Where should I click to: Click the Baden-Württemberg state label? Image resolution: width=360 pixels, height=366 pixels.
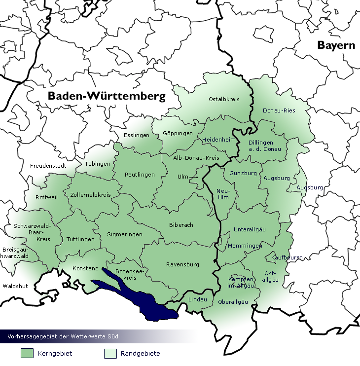tap(106, 96)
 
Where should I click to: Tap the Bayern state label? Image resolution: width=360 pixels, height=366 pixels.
tap(336, 45)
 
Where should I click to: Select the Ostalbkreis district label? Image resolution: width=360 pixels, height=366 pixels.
tap(224, 99)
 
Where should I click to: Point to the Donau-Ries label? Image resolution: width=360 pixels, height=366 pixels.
tap(279, 110)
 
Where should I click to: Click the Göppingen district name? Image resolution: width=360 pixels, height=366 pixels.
tap(178, 134)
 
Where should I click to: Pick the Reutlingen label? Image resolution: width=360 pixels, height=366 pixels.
tap(140, 175)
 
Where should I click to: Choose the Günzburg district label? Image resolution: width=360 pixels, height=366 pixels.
tap(243, 174)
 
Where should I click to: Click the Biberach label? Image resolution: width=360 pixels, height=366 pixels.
tap(181, 225)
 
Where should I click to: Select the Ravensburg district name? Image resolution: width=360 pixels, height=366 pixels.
tap(182, 264)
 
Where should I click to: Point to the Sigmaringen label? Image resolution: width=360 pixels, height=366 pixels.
tap(125, 235)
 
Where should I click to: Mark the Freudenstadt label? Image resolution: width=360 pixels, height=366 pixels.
tap(48, 166)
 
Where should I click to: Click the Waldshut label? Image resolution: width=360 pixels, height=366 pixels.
tap(15, 286)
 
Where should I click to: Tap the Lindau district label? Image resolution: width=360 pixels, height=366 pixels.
tap(198, 299)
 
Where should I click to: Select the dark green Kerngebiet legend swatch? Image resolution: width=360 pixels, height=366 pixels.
tap(27, 353)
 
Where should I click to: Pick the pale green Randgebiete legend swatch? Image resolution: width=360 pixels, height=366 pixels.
tap(110, 353)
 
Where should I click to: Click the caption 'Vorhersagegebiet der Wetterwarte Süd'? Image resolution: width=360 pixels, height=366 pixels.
tap(63, 336)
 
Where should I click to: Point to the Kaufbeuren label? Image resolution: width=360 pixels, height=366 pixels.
tap(287, 258)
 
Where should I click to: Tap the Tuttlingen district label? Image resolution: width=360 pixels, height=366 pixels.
tap(80, 239)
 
